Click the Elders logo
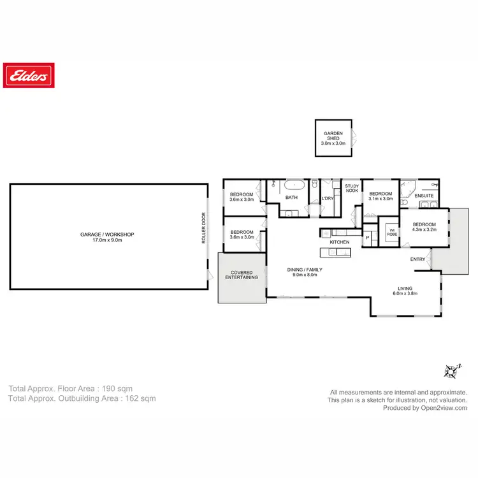(x=28, y=76)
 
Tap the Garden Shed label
(x=333, y=138)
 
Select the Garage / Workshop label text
(x=107, y=237)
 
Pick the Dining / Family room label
(x=303, y=272)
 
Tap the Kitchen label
(x=339, y=243)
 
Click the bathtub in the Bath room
(x=294, y=186)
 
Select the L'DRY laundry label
(x=328, y=198)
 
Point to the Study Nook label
(x=352, y=188)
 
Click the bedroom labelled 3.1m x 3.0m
(x=380, y=196)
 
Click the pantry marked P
(x=368, y=238)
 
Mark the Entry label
(x=417, y=259)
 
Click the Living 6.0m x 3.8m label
(x=405, y=291)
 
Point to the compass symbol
(x=453, y=370)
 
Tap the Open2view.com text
(x=444, y=409)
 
